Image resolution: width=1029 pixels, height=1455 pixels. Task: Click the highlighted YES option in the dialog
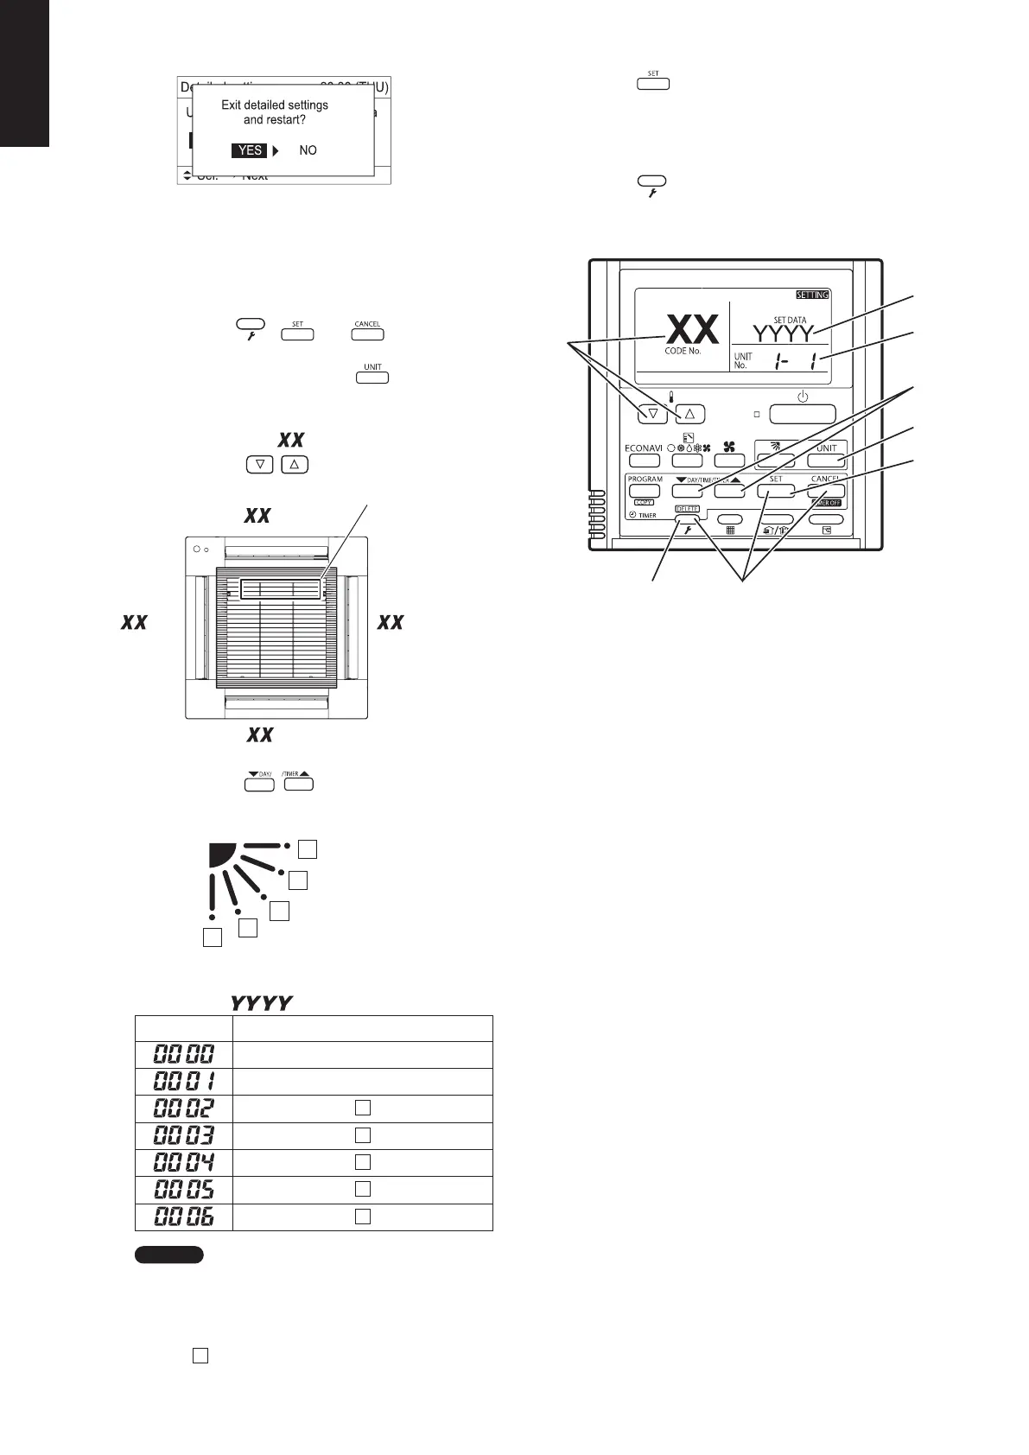coord(250,150)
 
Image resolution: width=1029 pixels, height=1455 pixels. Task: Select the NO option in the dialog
coord(308,150)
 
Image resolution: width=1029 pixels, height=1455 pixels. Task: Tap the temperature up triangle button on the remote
coord(689,414)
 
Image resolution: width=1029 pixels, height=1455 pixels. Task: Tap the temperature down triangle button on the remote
coord(652,414)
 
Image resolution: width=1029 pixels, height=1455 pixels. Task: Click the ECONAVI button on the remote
coord(644,461)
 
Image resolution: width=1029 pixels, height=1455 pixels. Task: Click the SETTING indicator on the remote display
coord(811,295)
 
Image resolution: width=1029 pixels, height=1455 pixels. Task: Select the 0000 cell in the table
coord(183,1054)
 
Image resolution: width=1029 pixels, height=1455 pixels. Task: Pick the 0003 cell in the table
coord(183,1135)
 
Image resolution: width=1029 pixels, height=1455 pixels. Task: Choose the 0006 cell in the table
coord(183,1217)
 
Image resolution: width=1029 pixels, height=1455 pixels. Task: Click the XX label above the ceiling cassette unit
coord(257,516)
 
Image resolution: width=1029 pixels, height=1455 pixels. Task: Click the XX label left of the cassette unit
coord(134,622)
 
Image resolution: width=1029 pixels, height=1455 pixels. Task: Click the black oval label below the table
coord(168,1255)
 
